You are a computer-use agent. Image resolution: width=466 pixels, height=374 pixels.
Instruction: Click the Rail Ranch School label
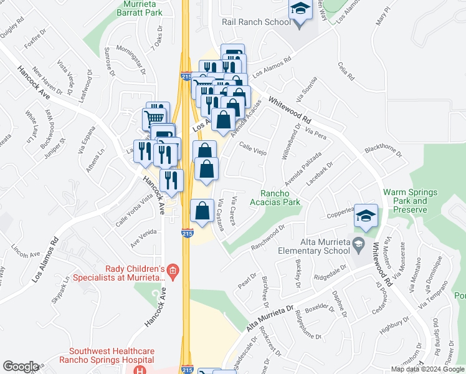(256, 22)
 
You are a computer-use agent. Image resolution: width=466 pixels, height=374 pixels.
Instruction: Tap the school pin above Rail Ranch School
(300, 11)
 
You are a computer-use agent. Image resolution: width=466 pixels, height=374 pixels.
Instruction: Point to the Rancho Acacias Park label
(275, 197)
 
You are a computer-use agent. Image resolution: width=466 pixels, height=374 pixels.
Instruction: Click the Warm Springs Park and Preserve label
(411, 201)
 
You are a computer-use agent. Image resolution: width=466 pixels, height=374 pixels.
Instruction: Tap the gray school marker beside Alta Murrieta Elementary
(358, 243)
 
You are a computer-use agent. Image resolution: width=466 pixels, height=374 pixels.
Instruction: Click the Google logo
(21, 367)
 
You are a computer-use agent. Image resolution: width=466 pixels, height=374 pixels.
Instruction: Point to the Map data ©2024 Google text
(427, 369)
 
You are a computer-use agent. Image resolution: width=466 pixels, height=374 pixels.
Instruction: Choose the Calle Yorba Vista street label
(133, 211)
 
